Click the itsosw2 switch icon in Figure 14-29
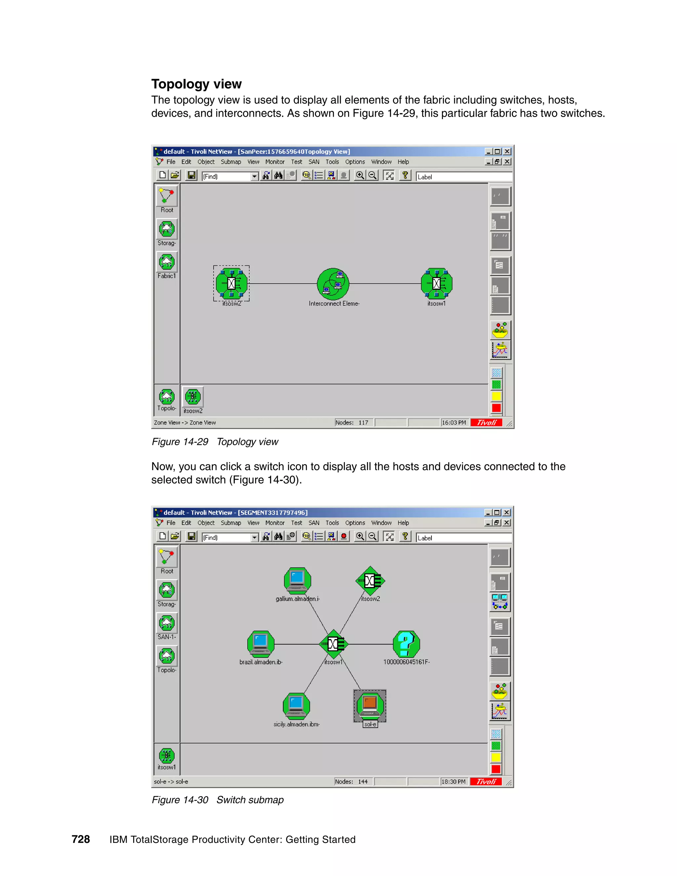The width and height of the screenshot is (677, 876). coord(231,284)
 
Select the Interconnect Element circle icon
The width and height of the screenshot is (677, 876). coord(333,284)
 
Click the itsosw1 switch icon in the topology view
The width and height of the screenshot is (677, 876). coord(436,284)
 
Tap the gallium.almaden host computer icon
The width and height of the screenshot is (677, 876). coord(297,580)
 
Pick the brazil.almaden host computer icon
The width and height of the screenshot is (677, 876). coord(261,644)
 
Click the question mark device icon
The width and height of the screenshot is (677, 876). coord(406,644)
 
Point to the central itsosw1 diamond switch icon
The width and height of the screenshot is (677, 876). coord(333,644)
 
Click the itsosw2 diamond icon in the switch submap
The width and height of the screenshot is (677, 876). coord(370,580)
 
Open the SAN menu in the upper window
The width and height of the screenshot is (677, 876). coord(314,162)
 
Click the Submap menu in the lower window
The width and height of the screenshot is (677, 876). coord(231,523)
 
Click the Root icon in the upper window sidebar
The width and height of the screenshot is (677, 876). coord(167,197)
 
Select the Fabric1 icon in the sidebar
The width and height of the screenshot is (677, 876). coord(167,262)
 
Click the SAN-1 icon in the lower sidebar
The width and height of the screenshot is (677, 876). coord(167,623)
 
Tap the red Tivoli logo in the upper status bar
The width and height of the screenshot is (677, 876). coord(486,422)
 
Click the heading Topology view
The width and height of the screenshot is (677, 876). coord(197,84)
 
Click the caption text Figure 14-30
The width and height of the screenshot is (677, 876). coord(180,800)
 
